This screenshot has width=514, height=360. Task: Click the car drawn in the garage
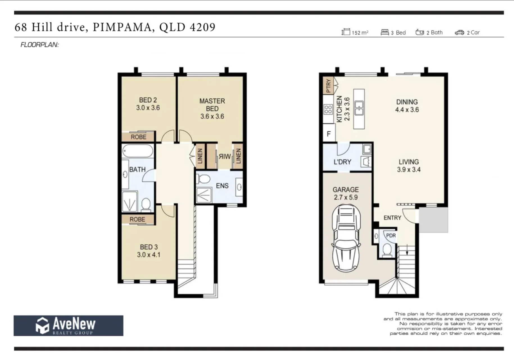click(x=346, y=238)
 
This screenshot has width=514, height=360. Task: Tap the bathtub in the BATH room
click(x=138, y=151)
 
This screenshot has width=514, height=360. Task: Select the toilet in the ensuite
click(x=203, y=179)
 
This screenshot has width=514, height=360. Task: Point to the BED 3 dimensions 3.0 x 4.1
click(x=149, y=255)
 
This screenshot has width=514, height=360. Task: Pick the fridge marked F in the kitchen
click(x=329, y=134)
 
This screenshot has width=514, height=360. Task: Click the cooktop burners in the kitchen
click(x=328, y=109)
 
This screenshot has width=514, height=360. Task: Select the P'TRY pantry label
click(x=328, y=85)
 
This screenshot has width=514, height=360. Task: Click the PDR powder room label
click(x=391, y=235)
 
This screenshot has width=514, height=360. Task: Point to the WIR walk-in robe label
click(x=225, y=157)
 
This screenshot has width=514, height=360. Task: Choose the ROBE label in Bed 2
click(x=139, y=137)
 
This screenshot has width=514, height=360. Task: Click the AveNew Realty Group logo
click(x=68, y=325)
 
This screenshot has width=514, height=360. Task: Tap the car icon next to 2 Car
click(x=459, y=33)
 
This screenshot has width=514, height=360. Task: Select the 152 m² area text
click(x=360, y=33)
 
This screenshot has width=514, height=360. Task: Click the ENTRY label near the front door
click(x=392, y=218)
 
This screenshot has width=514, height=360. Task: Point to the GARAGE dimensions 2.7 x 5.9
click(x=346, y=197)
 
